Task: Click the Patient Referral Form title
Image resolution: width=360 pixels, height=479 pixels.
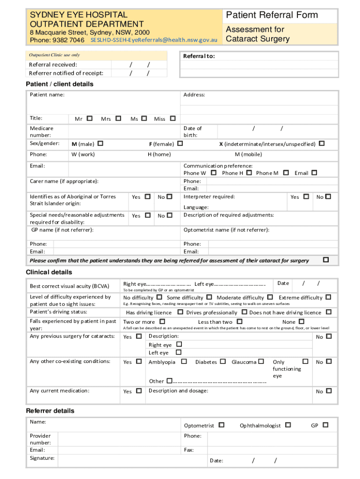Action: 272,15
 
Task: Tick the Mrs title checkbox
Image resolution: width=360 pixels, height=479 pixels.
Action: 118,119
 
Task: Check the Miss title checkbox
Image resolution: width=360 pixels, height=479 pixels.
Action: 173,119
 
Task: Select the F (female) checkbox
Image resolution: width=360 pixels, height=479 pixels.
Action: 180,144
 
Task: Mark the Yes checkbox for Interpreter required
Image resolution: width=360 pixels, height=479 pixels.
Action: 306,196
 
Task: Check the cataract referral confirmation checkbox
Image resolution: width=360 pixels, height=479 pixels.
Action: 326,260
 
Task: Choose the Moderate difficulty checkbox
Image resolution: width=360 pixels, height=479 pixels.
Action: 270,297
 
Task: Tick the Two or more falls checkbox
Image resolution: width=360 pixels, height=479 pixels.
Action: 162,321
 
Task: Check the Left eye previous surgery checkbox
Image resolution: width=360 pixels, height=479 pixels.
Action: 178,352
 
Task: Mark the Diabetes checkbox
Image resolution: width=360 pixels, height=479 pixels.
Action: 223,362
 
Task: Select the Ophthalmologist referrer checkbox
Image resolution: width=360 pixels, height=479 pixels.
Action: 288,425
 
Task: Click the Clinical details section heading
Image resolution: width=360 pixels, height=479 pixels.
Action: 49,272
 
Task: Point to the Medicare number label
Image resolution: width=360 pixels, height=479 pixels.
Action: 42,131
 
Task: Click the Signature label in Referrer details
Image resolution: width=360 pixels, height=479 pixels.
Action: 42,458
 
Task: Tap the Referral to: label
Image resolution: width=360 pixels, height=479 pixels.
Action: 199,56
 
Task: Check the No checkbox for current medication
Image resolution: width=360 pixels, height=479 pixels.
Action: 329,391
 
